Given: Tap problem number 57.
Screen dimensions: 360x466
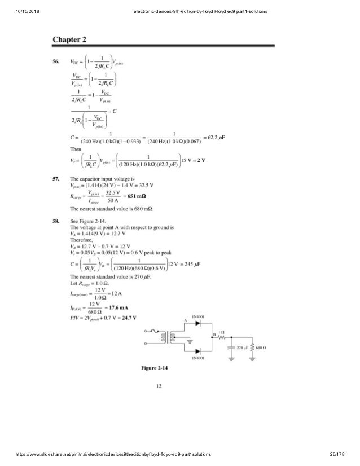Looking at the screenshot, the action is [x=57, y=178].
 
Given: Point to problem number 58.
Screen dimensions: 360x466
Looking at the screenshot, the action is [x=57, y=222].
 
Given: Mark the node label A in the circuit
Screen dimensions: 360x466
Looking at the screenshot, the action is [x=200, y=322].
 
